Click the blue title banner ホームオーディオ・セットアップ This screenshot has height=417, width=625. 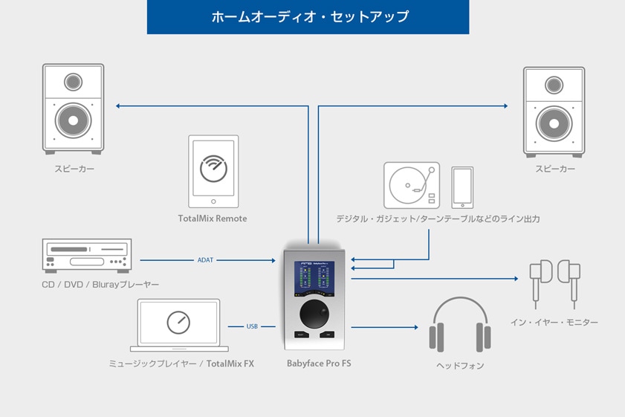tap(308, 16)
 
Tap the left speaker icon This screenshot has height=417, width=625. tap(73, 109)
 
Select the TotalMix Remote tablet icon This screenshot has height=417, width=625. tap(213, 172)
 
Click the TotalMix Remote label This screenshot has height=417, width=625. tap(213, 219)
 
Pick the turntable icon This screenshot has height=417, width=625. tap(411, 185)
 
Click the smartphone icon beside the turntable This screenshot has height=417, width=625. tap(462, 187)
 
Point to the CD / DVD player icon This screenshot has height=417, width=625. tap(88, 256)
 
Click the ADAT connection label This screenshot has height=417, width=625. tap(206, 260)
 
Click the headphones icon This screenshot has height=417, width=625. tap(460, 325)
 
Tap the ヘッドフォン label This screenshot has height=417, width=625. tap(460, 366)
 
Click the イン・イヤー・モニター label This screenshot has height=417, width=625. tap(554, 323)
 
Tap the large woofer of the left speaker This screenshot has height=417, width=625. tap(73, 120)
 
